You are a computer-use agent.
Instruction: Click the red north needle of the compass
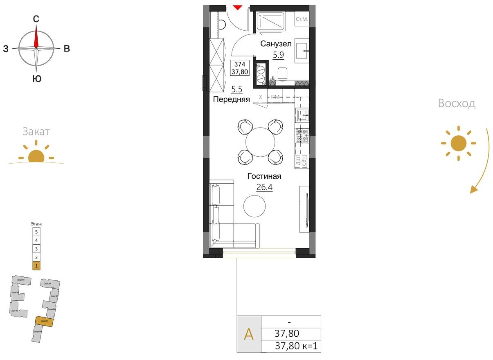(x=36, y=37)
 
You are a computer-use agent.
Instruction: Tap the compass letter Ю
(x=36, y=79)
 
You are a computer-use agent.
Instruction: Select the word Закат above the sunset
(x=36, y=131)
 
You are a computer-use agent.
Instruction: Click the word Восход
(x=457, y=103)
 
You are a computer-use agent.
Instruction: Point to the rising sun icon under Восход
(x=458, y=143)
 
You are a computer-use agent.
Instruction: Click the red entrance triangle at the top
(x=238, y=7)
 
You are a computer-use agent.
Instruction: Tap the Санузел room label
(x=276, y=44)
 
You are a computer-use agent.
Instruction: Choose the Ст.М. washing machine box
(x=302, y=19)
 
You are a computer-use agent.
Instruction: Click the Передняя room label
(x=231, y=99)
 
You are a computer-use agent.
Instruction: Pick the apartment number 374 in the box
(x=240, y=64)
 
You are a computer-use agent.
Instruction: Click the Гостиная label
(x=264, y=176)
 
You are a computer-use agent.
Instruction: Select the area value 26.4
(x=265, y=187)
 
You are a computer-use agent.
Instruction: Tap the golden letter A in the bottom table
(x=249, y=334)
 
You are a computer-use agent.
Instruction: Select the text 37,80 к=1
(x=296, y=346)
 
